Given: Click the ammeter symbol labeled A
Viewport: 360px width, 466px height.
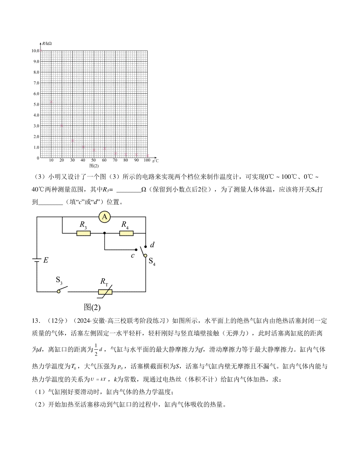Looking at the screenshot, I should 104,217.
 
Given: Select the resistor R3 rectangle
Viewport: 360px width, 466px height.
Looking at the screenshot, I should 83,233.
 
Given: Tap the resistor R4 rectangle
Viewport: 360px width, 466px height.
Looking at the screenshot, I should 126,233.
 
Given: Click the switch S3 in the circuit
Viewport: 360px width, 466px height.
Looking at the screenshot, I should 62,290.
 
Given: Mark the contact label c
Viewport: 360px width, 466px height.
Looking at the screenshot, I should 132,256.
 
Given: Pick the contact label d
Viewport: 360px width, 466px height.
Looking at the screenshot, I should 152,245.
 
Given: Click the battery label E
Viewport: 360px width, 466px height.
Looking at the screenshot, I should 46,260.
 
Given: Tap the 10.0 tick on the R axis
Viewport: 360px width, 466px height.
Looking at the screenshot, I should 35,51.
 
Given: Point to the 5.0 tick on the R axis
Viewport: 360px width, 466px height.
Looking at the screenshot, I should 36,104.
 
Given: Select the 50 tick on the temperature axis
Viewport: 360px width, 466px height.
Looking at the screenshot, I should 94,160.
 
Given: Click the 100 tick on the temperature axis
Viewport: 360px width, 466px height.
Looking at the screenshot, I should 147,160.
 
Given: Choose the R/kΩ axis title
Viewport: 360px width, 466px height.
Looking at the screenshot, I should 47,44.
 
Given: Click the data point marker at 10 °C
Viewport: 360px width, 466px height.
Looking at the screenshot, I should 51,102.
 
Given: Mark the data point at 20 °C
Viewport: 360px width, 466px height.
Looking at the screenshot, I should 62,126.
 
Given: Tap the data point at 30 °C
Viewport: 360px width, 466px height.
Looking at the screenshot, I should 73,140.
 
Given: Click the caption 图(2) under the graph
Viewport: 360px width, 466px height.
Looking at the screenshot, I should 94,166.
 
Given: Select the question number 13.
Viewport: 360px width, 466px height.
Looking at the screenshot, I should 35,321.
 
